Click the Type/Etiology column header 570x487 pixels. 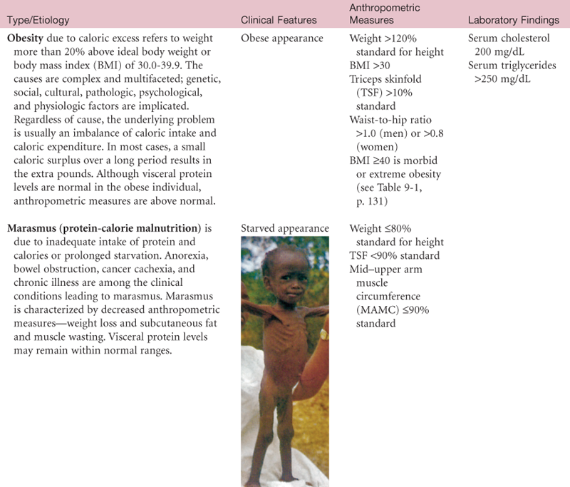tap(39, 21)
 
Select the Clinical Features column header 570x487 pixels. tap(279, 21)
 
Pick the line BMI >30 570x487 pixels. tap(371, 66)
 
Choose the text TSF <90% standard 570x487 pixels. tap(394, 256)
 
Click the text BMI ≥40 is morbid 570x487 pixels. tap(390, 160)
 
